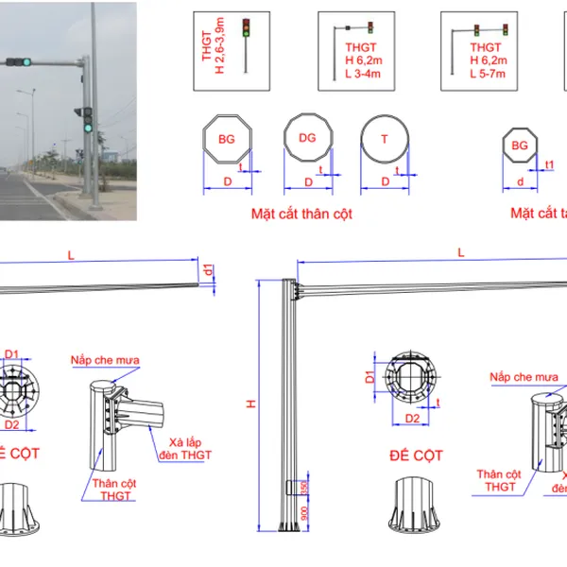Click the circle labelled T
[385, 139]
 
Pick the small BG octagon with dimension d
[519, 146]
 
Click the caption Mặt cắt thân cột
[301, 215]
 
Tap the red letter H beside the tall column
[252, 404]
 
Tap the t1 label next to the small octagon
[550, 164]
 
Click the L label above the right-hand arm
[460, 252]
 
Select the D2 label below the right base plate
[412, 417]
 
